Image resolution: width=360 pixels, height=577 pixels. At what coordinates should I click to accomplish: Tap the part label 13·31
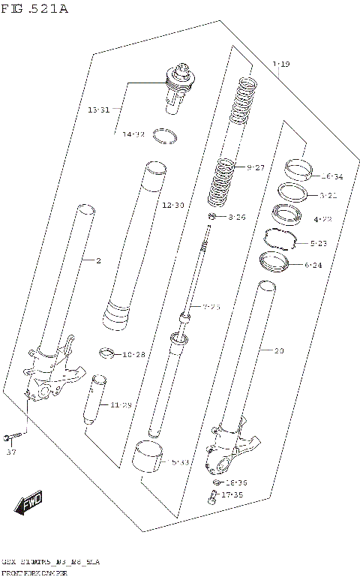(98, 110)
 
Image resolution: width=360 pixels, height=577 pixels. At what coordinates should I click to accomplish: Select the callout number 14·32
(133, 134)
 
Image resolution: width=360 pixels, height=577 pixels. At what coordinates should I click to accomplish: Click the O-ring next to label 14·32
(165, 136)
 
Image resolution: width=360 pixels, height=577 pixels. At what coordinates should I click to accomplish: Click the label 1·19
(280, 65)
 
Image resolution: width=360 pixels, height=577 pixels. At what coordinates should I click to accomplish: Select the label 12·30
(172, 205)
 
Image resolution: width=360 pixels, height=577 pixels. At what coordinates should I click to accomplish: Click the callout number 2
(97, 260)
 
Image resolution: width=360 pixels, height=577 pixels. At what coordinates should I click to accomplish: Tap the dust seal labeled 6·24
(275, 262)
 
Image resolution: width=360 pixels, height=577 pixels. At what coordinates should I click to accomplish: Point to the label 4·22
(322, 219)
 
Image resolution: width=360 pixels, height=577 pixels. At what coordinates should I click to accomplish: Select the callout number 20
(279, 350)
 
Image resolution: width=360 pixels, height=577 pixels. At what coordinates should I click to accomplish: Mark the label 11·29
(121, 405)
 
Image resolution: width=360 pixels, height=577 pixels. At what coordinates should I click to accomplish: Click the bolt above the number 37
(13, 435)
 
